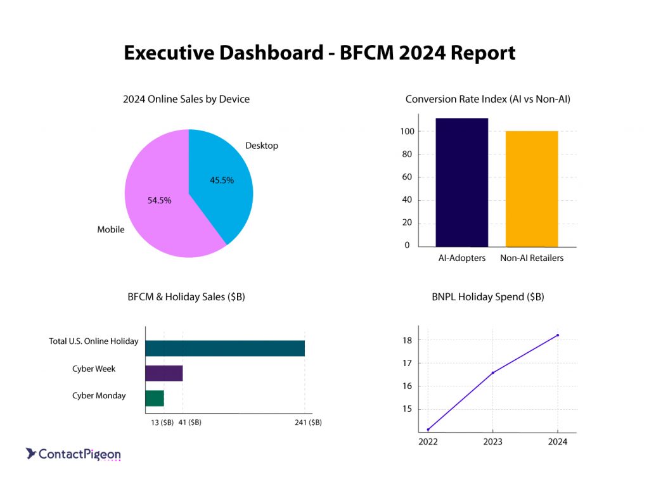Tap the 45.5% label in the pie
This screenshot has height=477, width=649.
pos(222,180)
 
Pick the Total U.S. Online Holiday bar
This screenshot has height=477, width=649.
pos(224,348)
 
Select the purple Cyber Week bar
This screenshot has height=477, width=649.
pos(164,373)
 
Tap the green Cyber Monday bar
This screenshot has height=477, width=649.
pos(154,398)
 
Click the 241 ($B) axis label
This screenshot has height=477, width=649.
pos(307,423)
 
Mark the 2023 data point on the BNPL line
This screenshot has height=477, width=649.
pos(492,372)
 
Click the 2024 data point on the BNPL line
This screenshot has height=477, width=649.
pos(557,335)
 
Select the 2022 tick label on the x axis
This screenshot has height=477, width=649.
pos(428,442)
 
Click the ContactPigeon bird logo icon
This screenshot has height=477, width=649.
pos(30,453)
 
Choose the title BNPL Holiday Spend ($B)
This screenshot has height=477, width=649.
pos(488,296)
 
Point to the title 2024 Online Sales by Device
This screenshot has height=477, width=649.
pos(186,99)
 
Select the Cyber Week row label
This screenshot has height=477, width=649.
pos(94,369)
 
